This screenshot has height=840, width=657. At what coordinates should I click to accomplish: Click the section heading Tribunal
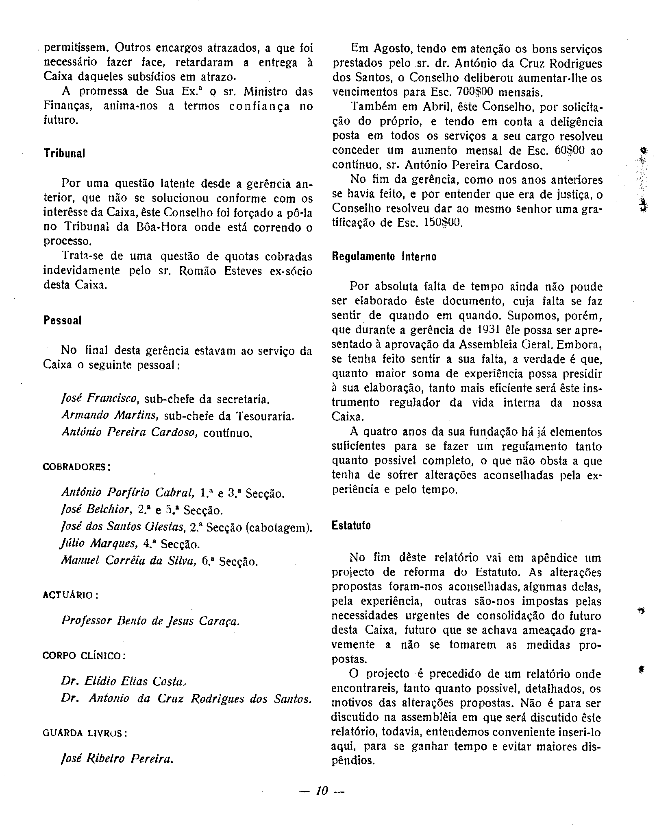[64, 154]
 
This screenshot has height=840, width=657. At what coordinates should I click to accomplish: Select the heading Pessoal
[63, 320]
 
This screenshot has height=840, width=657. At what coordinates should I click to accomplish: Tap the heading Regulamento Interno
[384, 257]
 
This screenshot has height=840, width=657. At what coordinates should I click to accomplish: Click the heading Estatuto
[351, 525]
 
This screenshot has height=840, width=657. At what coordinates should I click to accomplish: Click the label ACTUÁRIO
[70, 595]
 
